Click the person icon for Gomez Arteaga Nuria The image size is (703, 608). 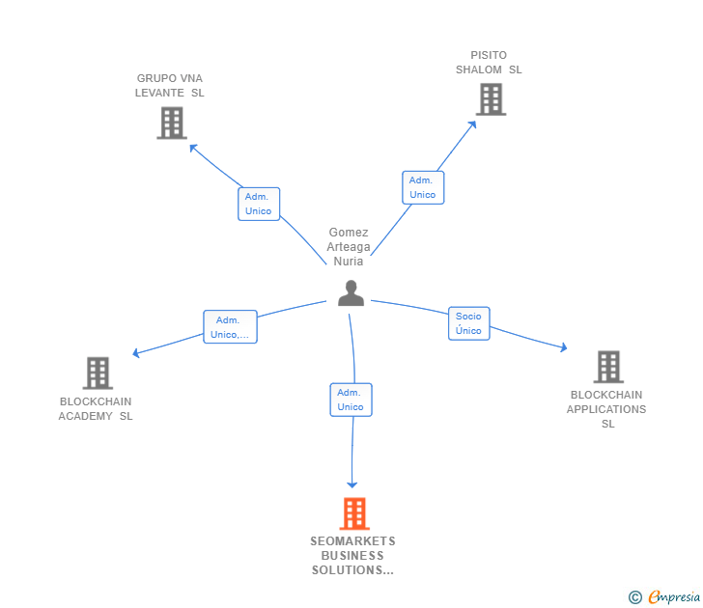(351, 292)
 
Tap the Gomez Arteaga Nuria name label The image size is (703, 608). (349, 247)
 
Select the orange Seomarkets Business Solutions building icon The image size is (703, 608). (354, 513)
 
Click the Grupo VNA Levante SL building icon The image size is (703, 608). (172, 123)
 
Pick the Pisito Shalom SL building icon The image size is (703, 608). (491, 98)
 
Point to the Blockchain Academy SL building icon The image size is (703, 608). (98, 373)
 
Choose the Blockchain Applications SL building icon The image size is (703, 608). (607, 367)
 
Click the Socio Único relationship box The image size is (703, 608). (468, 323)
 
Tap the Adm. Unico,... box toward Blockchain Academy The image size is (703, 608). (230, 327)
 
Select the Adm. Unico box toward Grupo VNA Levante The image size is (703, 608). (259, 204)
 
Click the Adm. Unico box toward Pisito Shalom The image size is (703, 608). (423, 187)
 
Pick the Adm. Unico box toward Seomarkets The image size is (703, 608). (351, 400)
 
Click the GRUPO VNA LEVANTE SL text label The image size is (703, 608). (170, 86)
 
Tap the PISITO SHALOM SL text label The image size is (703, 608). (489, 63)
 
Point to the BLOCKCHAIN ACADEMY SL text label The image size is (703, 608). (96, 409)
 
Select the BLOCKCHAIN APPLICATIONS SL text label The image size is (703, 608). (606, 409)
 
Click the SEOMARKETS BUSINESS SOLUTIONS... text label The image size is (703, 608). (352, 556)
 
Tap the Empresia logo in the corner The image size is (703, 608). (665, 596)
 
